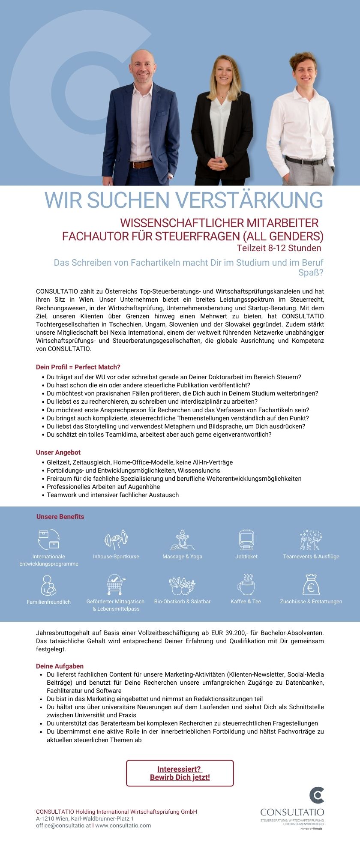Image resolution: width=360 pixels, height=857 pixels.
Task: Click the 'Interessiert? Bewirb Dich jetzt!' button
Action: click(180, 773)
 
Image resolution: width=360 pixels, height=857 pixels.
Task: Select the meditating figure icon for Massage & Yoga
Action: click(183, 539)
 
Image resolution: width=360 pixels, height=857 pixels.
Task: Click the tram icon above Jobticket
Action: click(246, 539)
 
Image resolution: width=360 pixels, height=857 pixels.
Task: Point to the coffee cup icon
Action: click(246, 585)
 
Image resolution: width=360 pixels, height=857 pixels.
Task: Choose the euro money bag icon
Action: click(311, 584)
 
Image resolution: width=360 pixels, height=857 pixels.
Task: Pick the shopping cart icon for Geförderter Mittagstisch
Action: click(116, 584)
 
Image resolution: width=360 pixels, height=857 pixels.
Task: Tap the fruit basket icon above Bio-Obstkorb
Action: click(182, 585)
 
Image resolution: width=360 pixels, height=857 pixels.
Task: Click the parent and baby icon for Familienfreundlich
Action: click(48, 585)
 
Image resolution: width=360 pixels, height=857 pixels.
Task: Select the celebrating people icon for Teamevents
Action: click(311, 539)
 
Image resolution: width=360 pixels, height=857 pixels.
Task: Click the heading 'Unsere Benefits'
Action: click(60, 517)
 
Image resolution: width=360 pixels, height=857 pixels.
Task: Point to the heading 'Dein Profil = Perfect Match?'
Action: click(78, 367)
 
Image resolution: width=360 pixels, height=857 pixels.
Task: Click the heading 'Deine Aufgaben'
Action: click(60, 666)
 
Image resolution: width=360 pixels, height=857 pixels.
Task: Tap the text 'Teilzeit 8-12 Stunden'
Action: click(279, 248)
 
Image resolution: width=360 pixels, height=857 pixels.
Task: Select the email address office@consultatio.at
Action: click(63, 825)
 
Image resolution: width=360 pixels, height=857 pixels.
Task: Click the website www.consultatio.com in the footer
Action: click(123, 825)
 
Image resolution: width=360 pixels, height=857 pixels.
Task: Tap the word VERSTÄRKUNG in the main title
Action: click(249, 200)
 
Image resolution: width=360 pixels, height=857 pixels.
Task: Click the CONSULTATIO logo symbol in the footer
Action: click(317, 795)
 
